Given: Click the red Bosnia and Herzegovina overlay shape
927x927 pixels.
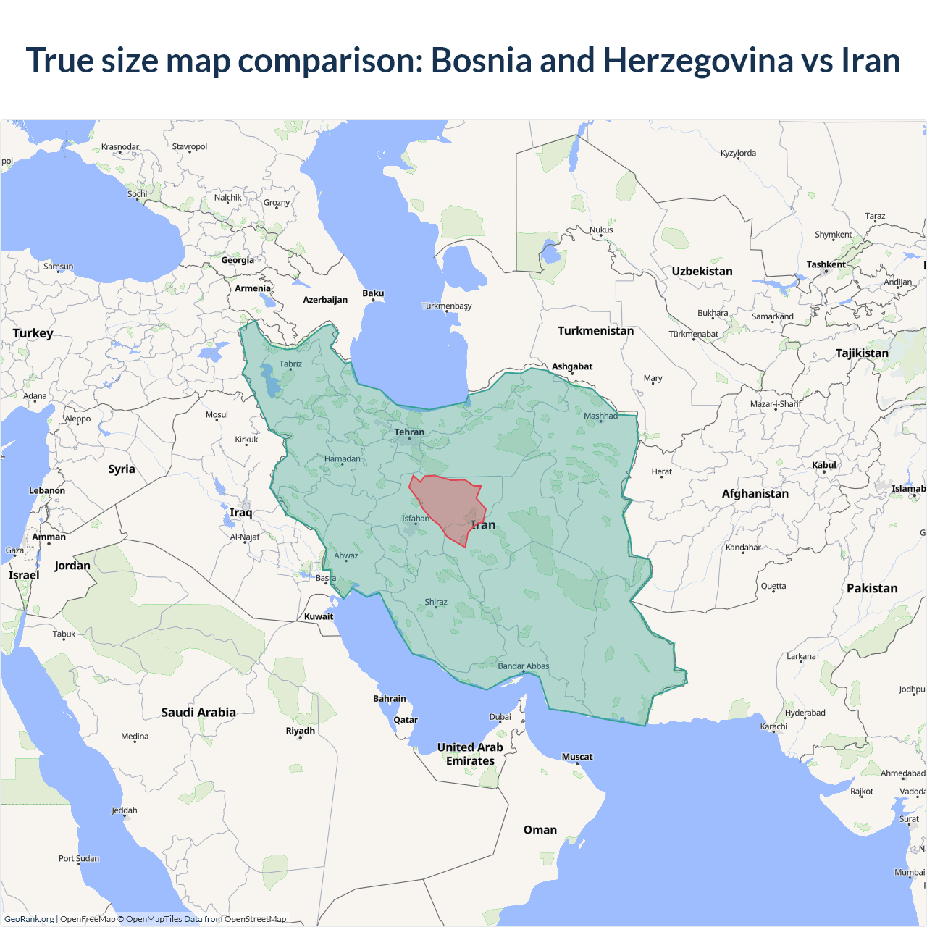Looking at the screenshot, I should (445, 507).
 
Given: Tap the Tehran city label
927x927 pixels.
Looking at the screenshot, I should (409, 432).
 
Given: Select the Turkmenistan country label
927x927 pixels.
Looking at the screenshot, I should (595, 331).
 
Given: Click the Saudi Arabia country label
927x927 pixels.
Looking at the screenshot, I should (198, 713).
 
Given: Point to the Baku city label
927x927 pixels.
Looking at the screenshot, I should (373, 293).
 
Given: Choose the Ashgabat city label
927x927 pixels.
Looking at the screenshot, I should (572, 366).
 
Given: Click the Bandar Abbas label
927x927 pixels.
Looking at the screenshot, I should (524, 666).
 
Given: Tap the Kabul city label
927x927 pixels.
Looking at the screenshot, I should (824, 465).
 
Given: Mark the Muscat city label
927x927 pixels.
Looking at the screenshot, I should (577, 757).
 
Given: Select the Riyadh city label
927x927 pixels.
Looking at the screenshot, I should (301, 731).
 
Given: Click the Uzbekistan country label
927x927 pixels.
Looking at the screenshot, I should (702, 272).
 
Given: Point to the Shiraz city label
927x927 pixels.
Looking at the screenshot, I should (436, 602).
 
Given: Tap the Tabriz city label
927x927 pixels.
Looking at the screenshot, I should (290, 364).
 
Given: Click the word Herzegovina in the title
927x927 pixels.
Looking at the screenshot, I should (697, 60).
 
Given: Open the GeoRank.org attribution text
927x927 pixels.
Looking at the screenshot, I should (29, 919).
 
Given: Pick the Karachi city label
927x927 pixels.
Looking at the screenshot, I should (773, 726).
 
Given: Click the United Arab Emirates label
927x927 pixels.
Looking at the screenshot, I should (470, 754).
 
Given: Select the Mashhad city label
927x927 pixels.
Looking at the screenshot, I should (600, 416).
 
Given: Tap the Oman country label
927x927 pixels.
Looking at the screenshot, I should (540, 830).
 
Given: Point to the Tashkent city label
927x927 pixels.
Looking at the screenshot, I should (826, 264).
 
